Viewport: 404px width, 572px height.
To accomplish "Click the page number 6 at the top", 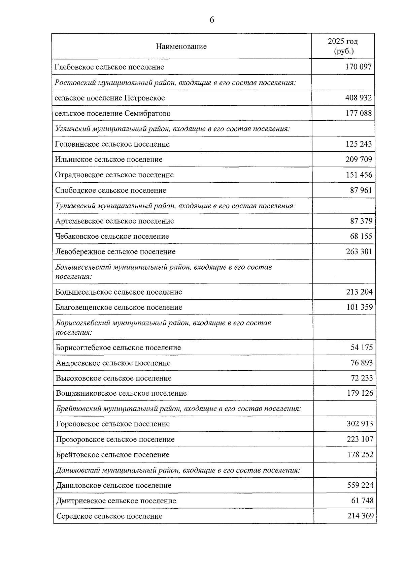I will coord(212,20).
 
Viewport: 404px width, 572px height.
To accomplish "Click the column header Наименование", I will coord(181,47).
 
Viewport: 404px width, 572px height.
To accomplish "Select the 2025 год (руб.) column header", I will coord(343,46).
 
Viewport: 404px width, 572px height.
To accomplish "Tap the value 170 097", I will coord(359,67).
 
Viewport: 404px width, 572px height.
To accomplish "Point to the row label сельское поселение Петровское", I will coord(110,98).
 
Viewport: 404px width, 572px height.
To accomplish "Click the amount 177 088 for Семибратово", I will coord(359,113).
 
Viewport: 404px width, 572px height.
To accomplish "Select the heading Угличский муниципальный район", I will coord(172,129).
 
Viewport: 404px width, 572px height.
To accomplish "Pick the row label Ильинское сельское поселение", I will coord(109,159).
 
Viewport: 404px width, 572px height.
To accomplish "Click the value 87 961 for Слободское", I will coord(361,190).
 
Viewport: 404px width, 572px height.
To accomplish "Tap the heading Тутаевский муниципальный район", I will coord(175,206).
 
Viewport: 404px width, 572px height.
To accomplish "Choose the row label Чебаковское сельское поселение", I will coord(112,236).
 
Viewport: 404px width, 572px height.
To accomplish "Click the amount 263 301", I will coord(359,251).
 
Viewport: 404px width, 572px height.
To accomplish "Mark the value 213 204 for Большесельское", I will coord(359,292).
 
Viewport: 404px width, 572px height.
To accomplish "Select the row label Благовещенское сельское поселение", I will coord(119,307).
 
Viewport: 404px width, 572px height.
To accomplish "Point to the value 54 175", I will coord(362,348).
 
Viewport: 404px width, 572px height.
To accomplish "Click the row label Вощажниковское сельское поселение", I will coord(121,393).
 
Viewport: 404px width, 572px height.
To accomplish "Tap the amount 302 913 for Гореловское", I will coord(360,424).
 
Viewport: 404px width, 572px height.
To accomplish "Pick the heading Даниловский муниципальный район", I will coord(178,470).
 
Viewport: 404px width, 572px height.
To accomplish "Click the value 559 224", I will coord(360,485).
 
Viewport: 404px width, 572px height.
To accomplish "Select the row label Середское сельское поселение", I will coord(109,516).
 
